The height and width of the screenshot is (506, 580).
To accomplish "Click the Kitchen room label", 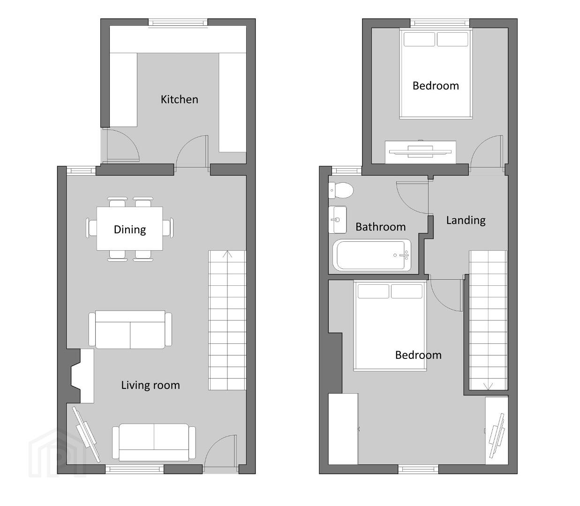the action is click(179, 99).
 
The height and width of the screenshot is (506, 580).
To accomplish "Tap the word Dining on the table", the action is click(129, 230).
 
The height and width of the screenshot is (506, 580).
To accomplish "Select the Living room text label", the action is click(151, 385).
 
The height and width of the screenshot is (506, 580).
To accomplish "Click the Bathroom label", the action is click(380, 227).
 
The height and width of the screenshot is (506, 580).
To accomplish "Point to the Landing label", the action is click(466, 220).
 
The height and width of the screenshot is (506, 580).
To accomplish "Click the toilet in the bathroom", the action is click(341, 190).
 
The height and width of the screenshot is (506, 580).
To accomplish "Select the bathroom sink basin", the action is click(337, 220).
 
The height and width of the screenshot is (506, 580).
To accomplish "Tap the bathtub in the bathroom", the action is click(372, 255).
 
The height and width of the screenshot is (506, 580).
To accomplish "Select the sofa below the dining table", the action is click(130, 329).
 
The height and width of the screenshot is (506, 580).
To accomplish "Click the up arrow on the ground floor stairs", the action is click(227, 254).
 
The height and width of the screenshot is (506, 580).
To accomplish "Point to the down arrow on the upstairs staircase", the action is click(488, 387).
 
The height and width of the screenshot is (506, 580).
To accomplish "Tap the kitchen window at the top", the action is click(178, 22).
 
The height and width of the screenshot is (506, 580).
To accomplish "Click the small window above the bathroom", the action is click(346, 171).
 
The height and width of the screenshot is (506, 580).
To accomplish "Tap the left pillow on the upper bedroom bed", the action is click(419, 39).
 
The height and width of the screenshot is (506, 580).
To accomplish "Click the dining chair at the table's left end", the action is click(91, 228).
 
